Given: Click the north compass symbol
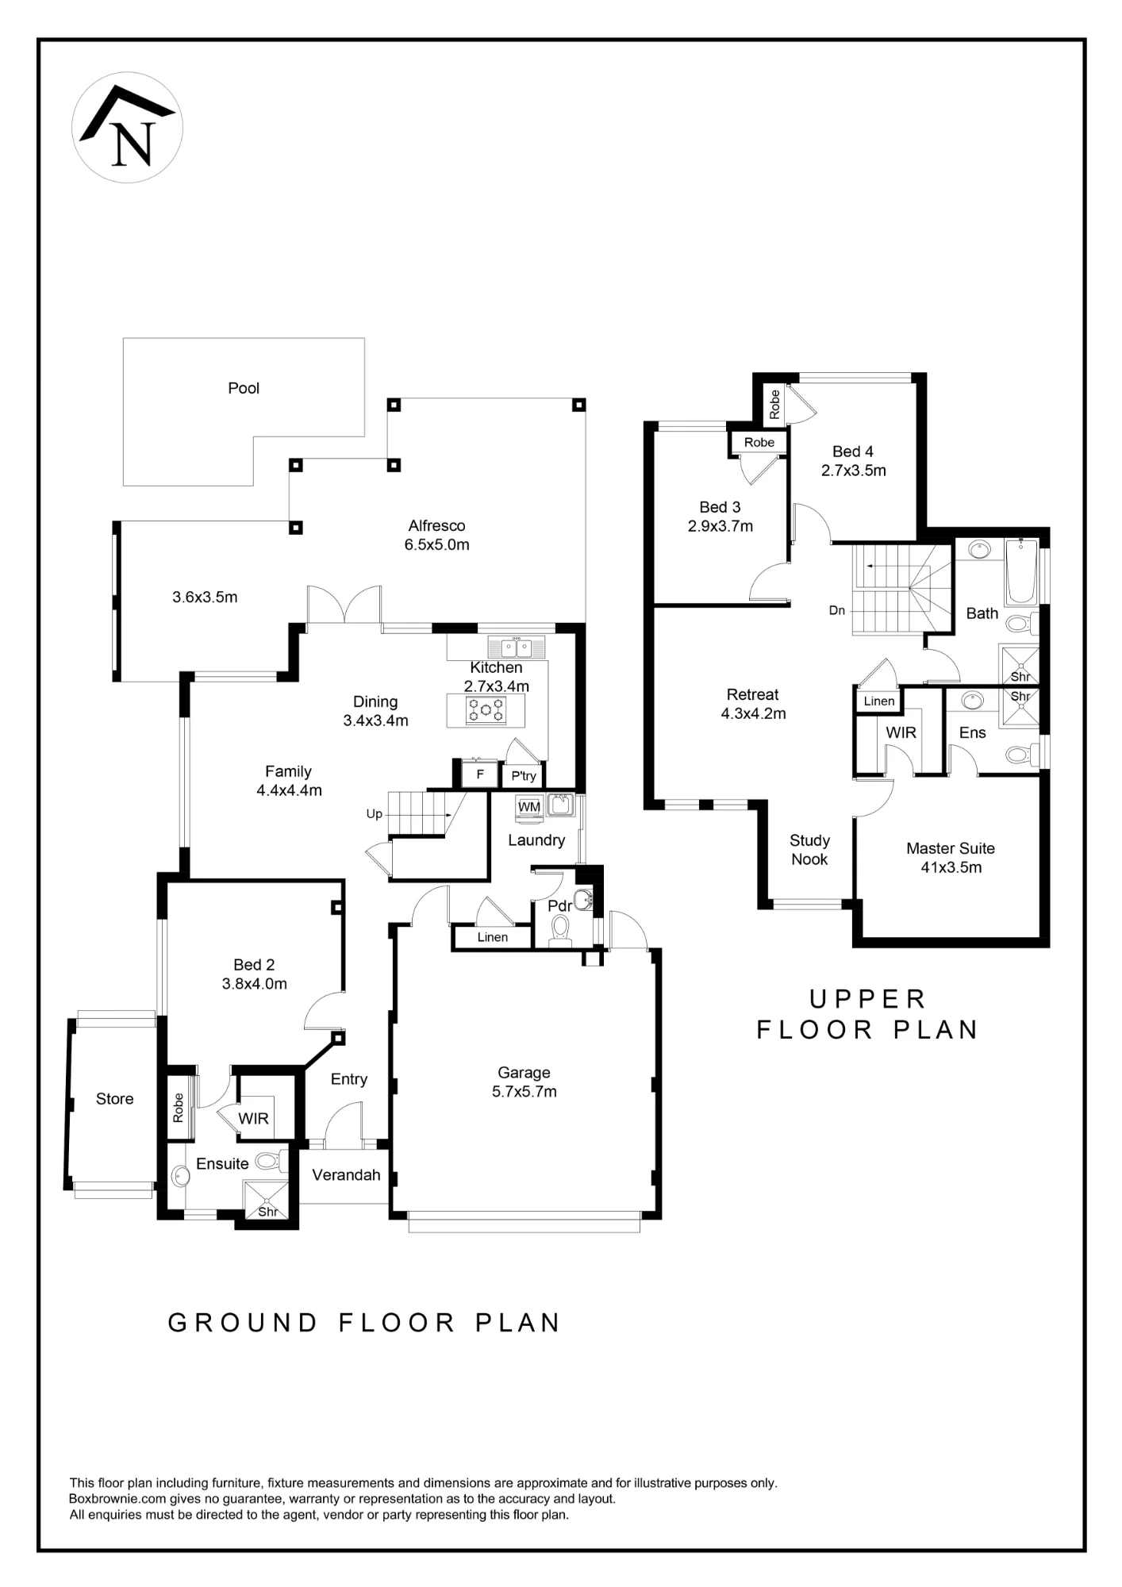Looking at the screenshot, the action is [127, 127].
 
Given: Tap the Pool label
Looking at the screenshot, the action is [244, 388].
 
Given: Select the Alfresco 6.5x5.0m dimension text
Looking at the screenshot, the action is [436, 545].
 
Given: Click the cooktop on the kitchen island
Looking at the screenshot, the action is [486, 710].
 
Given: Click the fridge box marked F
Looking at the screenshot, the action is [480, 774].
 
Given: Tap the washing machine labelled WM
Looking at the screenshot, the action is [528, 807].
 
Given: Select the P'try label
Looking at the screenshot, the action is [524, 776].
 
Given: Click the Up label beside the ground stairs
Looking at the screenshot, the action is [374, 814].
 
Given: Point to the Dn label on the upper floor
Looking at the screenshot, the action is [837, 610].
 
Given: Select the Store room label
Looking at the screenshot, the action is [114, 1099].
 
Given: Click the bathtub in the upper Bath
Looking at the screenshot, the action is [1020, 571].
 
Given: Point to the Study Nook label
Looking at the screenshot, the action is [809, 850].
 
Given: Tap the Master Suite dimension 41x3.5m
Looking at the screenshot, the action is [951, 867].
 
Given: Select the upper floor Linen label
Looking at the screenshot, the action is [879, 701].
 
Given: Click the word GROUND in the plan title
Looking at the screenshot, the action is [243, 1323].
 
